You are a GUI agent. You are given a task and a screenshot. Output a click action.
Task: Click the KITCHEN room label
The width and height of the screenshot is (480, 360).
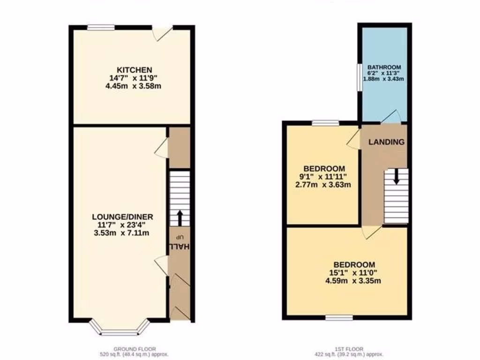coord(131,70)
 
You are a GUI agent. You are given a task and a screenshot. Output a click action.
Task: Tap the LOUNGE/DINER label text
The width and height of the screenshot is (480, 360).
coord(123,217)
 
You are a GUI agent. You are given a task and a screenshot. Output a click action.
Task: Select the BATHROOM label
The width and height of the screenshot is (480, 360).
coord(384,67)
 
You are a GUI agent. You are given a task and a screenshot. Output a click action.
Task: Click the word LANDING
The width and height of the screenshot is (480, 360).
coord(386,142)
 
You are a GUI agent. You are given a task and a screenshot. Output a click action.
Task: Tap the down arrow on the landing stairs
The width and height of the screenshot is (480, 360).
coord(396,177)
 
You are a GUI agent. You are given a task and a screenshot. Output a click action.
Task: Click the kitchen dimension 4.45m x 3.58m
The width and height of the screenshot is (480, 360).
coord(131,87)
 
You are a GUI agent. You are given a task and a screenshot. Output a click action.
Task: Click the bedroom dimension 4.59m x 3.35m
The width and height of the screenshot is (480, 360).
coord(354,281)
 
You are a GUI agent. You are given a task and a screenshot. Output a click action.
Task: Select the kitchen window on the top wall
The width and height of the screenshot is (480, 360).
coord(100,27)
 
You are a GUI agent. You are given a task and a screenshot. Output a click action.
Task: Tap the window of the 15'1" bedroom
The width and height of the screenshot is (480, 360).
coord(339,317)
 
